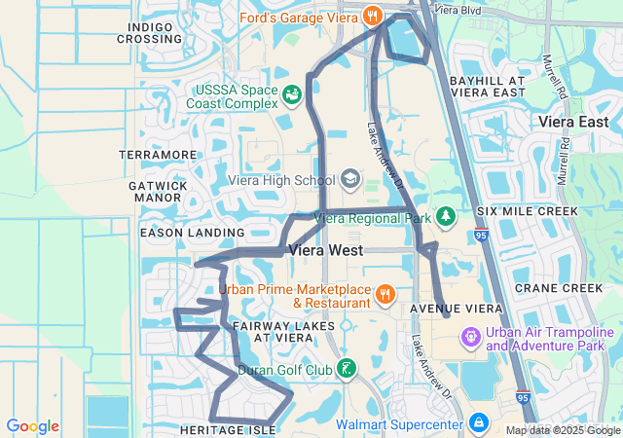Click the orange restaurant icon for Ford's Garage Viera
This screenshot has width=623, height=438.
371,16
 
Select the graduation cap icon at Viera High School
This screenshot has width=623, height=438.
349,180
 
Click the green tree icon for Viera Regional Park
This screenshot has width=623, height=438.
446,216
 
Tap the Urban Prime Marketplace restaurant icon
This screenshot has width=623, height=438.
385,293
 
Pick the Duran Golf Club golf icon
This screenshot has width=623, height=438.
346,369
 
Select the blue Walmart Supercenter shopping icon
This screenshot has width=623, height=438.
478,423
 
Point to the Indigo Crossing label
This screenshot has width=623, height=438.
149,32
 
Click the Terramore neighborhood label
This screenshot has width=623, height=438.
158,155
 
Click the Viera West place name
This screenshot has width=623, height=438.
326,250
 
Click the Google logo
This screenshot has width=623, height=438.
32,426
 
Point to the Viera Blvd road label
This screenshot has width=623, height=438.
461,9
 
